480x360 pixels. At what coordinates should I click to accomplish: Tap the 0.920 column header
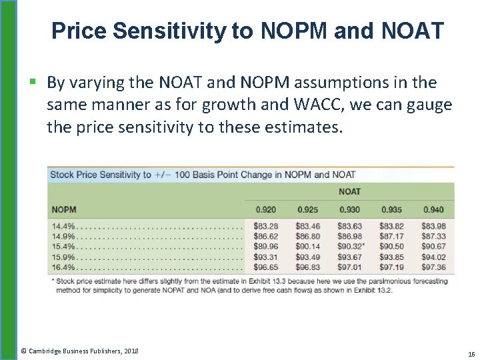point(266,210)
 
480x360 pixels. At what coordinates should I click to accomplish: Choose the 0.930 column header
point(349,210)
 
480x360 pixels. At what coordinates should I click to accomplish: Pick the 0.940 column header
point(433,210)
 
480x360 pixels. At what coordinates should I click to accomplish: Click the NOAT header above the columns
point(349,192)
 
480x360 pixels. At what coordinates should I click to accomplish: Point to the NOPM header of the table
point(64,210)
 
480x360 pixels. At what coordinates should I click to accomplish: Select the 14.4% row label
point(64,226)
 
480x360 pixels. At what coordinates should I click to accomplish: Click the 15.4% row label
point(64,247)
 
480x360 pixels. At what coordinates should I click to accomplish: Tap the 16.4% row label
point(64,267)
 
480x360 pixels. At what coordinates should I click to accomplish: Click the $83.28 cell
point(266,226)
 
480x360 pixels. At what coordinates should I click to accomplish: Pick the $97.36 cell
point(433,267)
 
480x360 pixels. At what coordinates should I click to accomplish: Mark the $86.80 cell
point(307,236)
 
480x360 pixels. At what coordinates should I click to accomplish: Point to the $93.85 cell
point(391,257)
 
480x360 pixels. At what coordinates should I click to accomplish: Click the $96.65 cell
point(266,267)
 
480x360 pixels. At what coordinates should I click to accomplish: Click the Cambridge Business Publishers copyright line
point(79,351)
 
